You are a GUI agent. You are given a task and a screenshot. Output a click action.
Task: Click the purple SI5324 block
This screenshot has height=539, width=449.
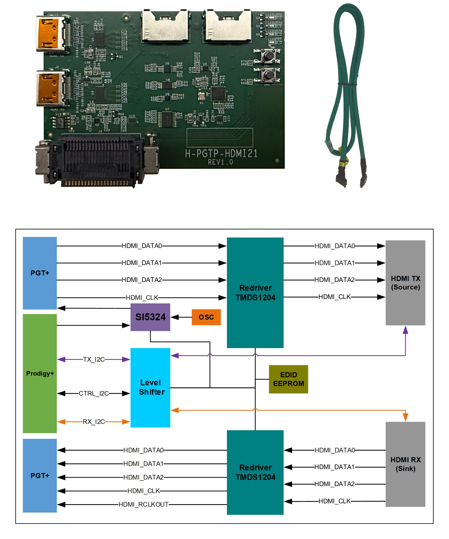(x=150, y=317)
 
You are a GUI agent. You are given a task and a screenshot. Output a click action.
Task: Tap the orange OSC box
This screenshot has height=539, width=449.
(x=206, y=317)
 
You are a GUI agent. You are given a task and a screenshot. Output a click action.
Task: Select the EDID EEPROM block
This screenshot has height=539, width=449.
(x=288, y=379)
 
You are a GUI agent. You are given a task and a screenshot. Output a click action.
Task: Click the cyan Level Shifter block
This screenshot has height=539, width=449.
(x=150, y=388)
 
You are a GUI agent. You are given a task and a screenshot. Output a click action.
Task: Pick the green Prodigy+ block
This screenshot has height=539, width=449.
(x=40, y=373)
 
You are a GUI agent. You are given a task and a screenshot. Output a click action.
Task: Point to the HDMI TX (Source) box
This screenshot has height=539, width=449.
(x=405, y=283)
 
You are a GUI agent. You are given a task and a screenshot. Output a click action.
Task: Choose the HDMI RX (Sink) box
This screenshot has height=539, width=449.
(x=405, y=464)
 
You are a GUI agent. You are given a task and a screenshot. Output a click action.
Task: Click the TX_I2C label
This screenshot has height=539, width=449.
(x=94, y=359)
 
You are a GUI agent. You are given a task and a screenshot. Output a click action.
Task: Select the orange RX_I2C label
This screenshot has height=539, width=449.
(x=94, y=422)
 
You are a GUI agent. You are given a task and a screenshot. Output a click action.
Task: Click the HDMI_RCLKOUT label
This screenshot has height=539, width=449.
(x=143, y=505)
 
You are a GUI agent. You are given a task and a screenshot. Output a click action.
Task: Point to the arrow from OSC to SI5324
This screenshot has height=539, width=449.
(x=181, y=317)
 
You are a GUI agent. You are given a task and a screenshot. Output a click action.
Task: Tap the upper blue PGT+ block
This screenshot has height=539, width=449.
(x=40, y=273)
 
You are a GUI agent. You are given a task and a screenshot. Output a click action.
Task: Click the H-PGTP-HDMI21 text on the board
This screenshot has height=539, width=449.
(x=221, y=153)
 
